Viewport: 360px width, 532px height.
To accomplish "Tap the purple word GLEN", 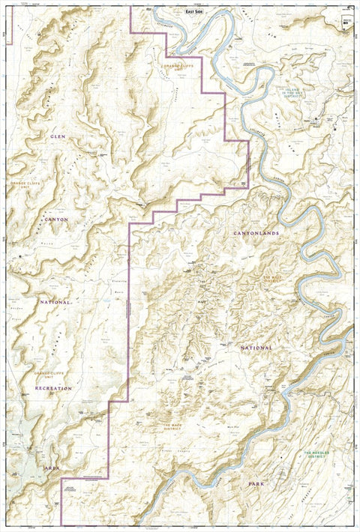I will tap(58, 137).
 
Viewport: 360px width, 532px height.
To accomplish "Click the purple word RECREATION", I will tap(53, 388).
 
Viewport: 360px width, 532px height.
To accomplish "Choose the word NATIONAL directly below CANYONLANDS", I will tap(256, 348).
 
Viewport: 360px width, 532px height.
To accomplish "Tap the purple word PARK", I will tap(258, 485).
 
